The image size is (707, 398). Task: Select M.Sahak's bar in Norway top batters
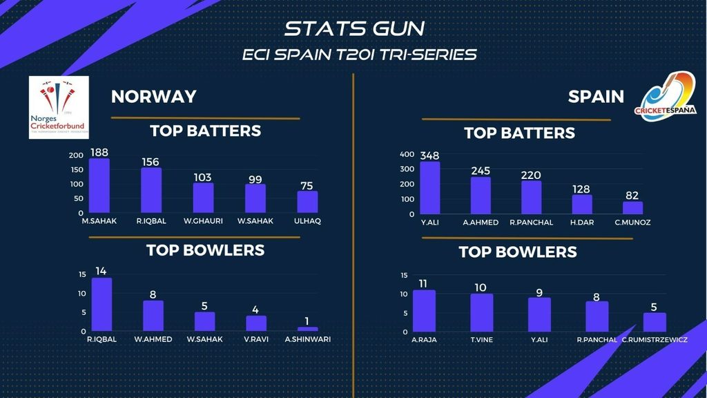click(99, 186)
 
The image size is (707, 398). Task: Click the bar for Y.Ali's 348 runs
click(429, 188)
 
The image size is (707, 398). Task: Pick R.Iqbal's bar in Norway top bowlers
click(101, 305)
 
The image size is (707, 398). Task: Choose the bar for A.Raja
click(424, 311)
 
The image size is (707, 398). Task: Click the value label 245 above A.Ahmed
click(481, 171)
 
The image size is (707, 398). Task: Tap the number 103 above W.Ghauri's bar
click(202, 177)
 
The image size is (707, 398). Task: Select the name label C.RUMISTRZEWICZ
click(655, 339)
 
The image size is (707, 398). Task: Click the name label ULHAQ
click(308, 221)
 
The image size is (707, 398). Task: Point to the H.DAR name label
click(582, 222)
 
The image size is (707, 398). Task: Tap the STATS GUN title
click(354, 29)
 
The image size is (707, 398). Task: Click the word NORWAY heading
click(154, 96)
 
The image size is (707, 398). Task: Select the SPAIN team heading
click(596, 96)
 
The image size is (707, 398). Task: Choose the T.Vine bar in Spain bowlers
click(482, 313)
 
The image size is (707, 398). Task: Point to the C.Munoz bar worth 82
click(632, 207)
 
